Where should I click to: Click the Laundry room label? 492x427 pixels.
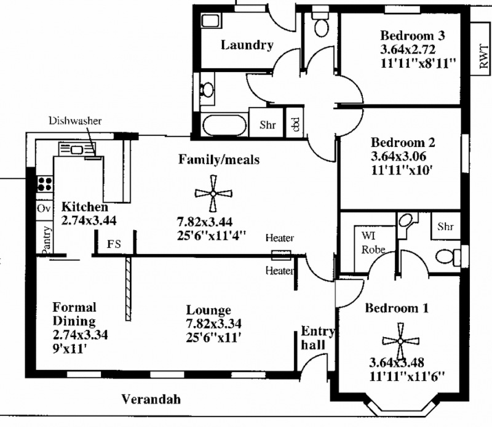[x=247, y=45]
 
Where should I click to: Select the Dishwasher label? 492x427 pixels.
[x=75, y=121]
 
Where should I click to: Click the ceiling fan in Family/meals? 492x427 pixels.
[x=212, y=193]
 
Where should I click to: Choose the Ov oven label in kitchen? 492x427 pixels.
[x=44, y=209]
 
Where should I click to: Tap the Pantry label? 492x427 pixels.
[x=46, y=238]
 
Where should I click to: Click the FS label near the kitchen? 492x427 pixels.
[x=114, y=244]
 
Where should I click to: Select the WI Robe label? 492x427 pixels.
[x=372, y=242]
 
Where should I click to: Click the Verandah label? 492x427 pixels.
[x=151, y=399]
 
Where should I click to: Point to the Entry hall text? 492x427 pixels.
[x=317, y=338]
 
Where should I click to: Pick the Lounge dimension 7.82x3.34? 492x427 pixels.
[x=213, y=324]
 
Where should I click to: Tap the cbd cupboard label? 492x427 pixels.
[x=295, y=125]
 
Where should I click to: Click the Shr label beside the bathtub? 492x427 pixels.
[x=268, y=125]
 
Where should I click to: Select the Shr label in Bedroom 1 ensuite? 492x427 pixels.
[x=445, y=227]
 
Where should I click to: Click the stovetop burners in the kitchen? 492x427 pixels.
[x=45, y=183]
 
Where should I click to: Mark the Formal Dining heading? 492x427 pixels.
[x=74, y=314]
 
